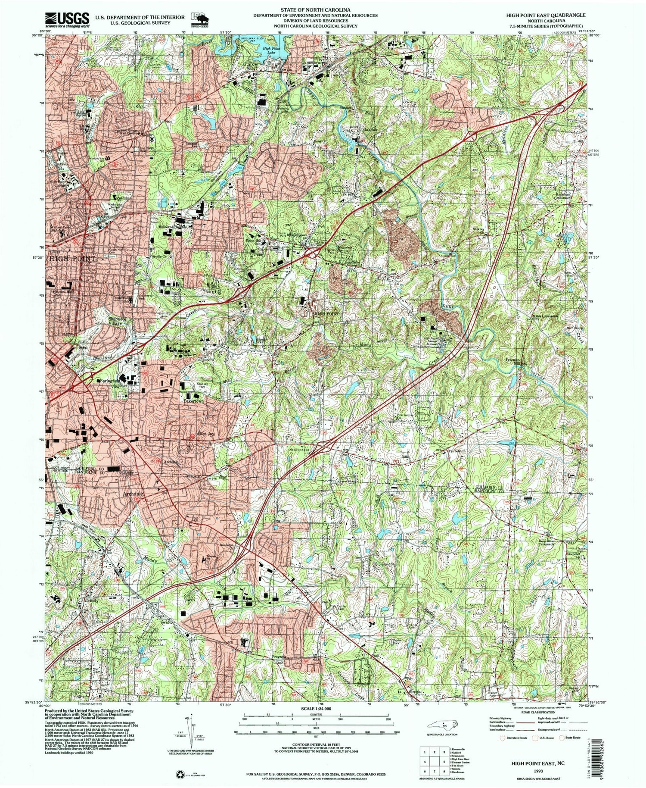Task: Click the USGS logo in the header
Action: pyautogui.click(x=67, y=18)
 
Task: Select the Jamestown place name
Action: pyautogui.click(x=313, y=62)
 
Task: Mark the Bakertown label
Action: pyautogui.click(x=193, y=400)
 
